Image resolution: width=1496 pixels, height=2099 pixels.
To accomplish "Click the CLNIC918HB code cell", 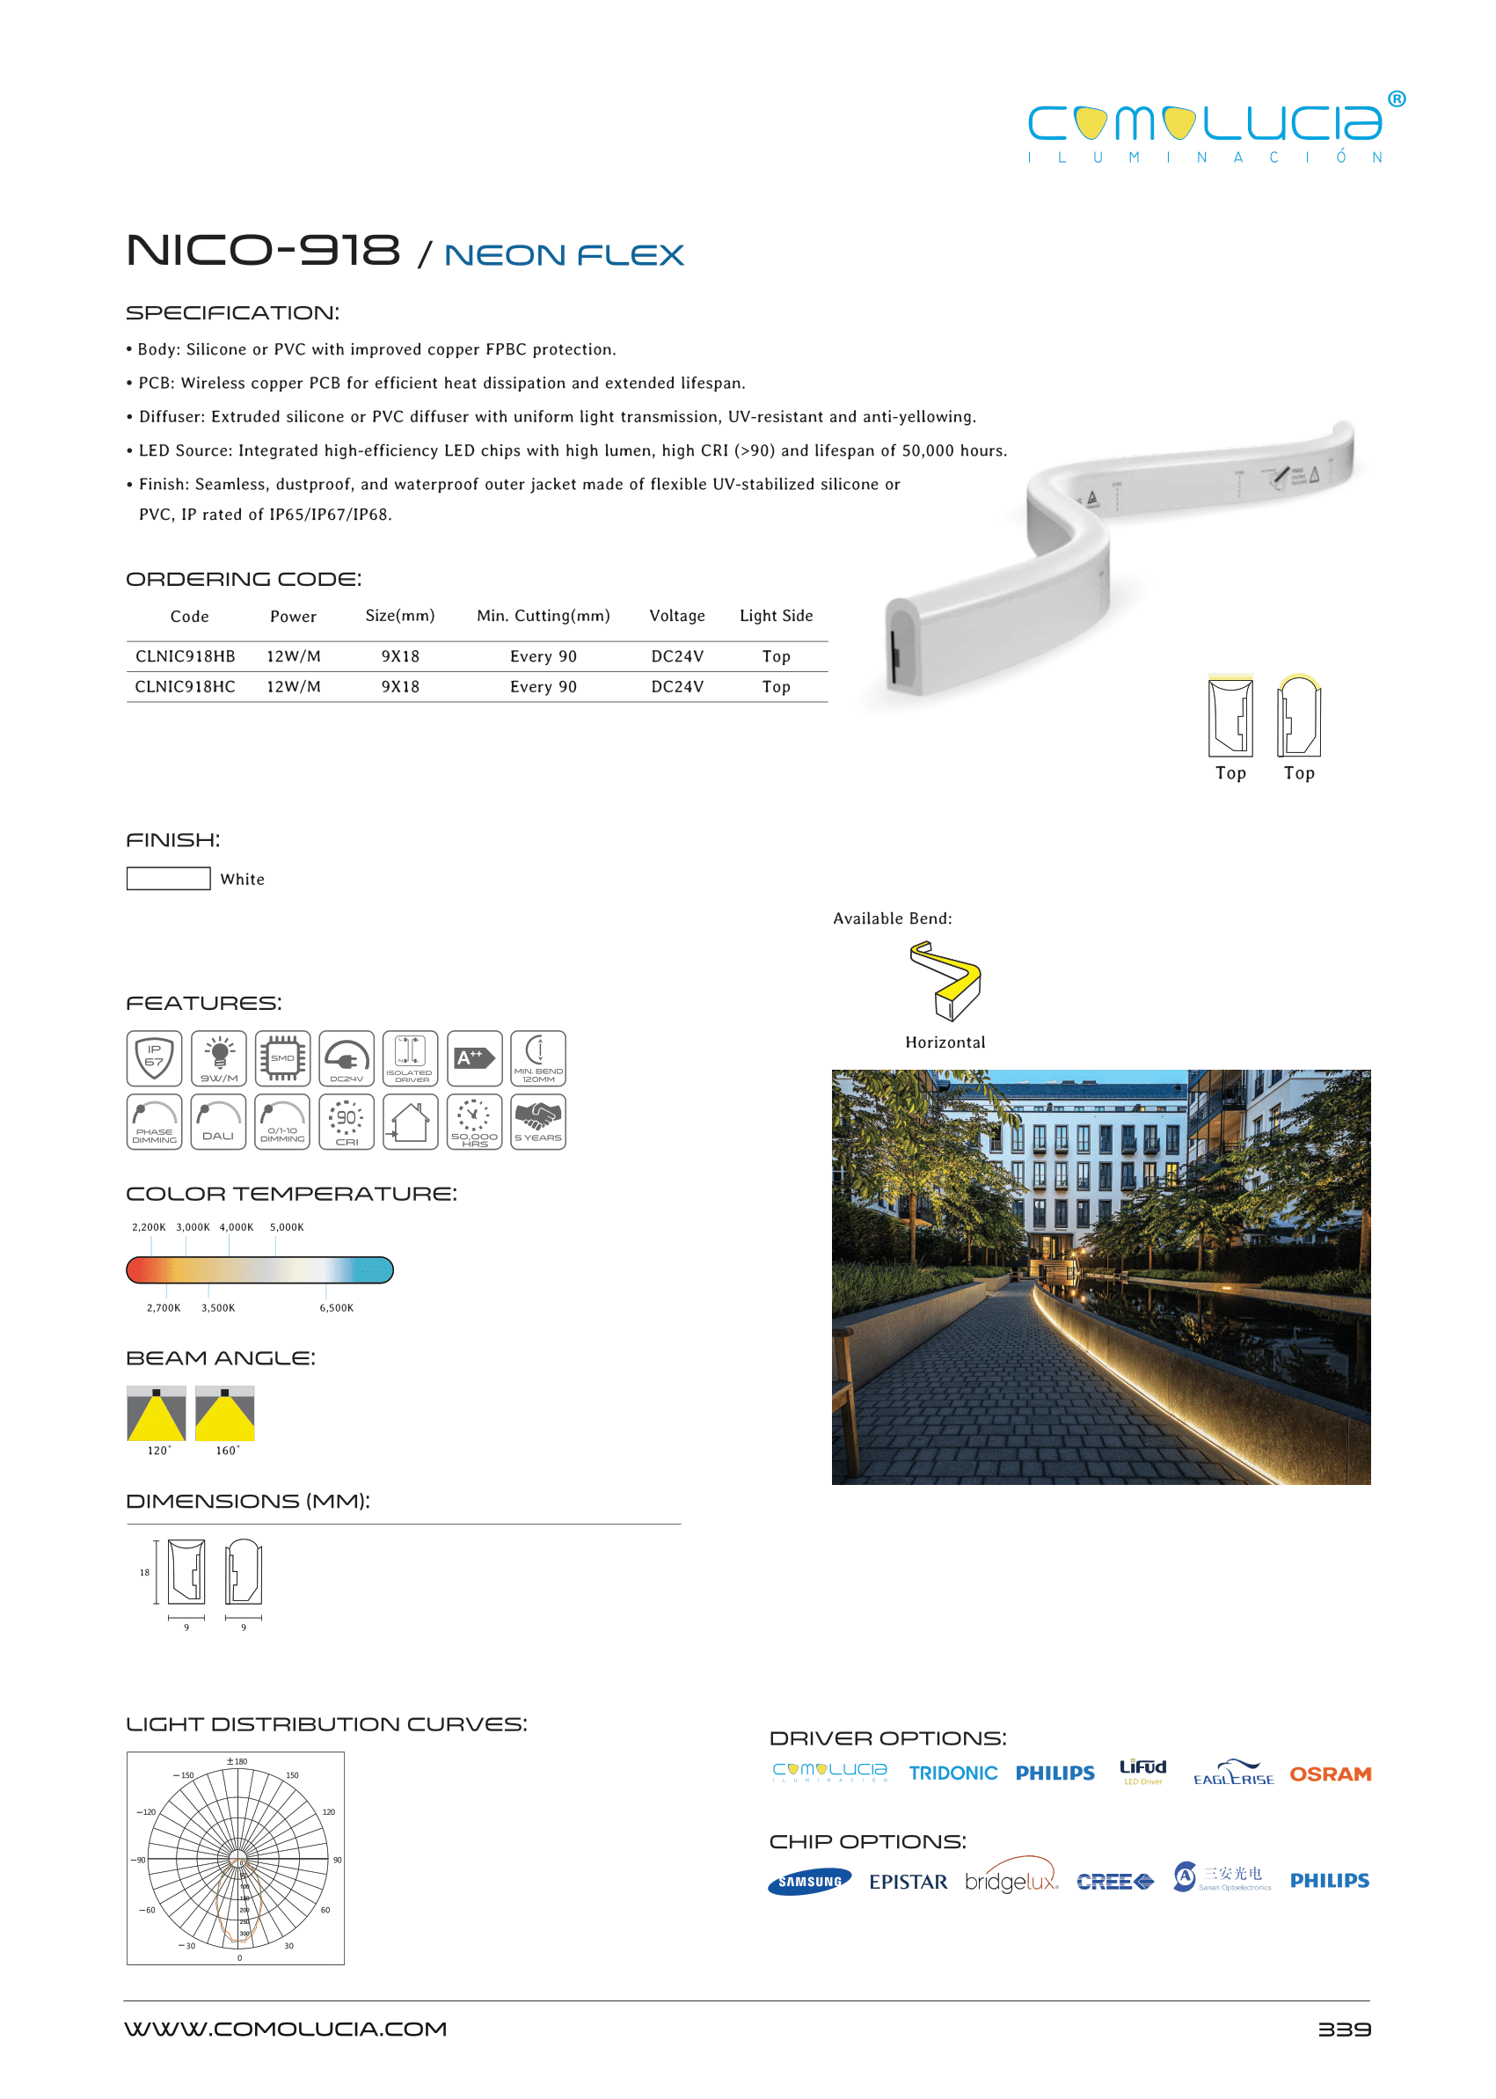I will tap(186, 656).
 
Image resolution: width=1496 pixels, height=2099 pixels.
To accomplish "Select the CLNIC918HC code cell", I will tap(186, 686).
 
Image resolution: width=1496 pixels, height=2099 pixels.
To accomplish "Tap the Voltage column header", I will tap(677, 616).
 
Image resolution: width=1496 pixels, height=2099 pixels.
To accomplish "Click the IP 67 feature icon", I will tap(154, 1057).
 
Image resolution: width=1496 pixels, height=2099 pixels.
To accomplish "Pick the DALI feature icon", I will tap(218, 1122).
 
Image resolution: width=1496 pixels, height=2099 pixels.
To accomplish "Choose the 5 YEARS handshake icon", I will tap(538, 1122).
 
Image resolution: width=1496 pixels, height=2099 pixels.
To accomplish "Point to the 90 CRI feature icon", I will tap(347, 1122).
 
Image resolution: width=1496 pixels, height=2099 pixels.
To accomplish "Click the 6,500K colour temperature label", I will tap(336, 1307).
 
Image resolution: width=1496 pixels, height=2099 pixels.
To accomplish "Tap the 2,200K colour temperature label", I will tap(149, 1226).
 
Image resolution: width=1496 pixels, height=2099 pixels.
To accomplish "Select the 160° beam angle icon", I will tap(225, 1414).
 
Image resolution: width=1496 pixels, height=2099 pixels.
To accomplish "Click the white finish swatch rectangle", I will tap(169, 878).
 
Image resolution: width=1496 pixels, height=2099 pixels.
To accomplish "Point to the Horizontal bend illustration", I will tap(945, 981).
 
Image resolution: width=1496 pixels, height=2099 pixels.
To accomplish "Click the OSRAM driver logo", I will tap(1330, 1774).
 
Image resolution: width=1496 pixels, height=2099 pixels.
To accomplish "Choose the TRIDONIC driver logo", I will tap(952, 1773).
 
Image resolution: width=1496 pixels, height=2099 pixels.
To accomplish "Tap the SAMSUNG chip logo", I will tap(810, 1882).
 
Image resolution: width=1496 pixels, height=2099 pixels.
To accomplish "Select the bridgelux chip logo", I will tap(1011, 1881).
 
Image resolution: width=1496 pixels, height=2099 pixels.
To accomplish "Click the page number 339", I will tap(1344, 2029).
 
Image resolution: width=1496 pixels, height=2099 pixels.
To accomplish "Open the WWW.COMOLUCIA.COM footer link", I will tap(286, 2029).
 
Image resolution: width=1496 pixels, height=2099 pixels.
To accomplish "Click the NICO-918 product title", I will tap(264, 251).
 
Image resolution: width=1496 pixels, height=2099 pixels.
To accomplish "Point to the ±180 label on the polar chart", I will tap(237, 1761).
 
